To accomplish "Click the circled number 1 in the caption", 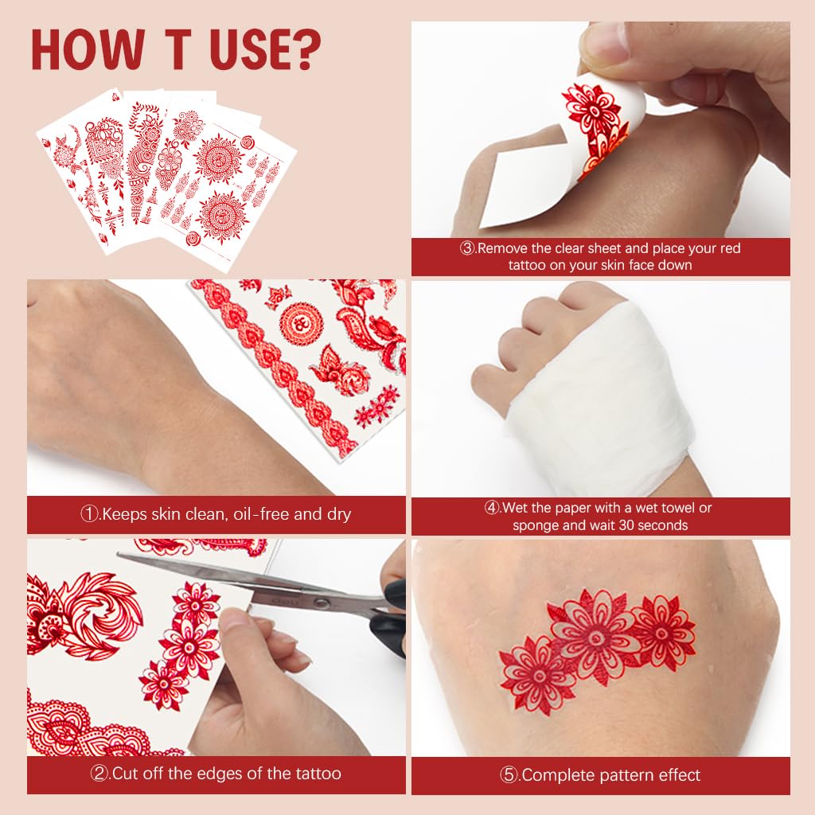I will point(89,514).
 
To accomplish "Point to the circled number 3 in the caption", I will point(468,248).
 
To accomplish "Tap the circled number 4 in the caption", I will point(493,508).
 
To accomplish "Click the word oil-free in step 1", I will point(259,514).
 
